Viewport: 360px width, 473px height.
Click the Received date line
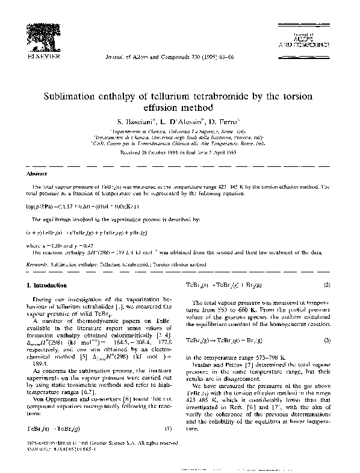[180, 152]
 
